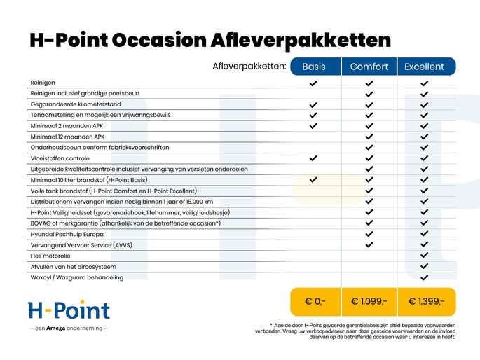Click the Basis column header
[x=313, y=67]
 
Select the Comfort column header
[x=369, y=67]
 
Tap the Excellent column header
[x=424, y=67]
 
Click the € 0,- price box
[x=315, y=301]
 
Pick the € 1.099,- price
[x=369, y=301]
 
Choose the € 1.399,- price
[x=426, y=301]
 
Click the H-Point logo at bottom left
[x=69, y=310]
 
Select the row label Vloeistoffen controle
[x=60, y=158]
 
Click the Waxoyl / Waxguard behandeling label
[x=77, y=277]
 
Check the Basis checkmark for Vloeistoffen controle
[x=313, y=158]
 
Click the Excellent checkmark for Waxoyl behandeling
[x=424, y=277]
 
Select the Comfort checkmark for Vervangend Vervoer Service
[x=369, y=244]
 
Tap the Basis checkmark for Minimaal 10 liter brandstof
[x=313, y=180]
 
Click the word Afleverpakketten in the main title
[x=301, y=41]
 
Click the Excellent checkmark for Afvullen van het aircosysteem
[x=424, y=266]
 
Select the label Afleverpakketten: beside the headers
[x=249, y=67]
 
